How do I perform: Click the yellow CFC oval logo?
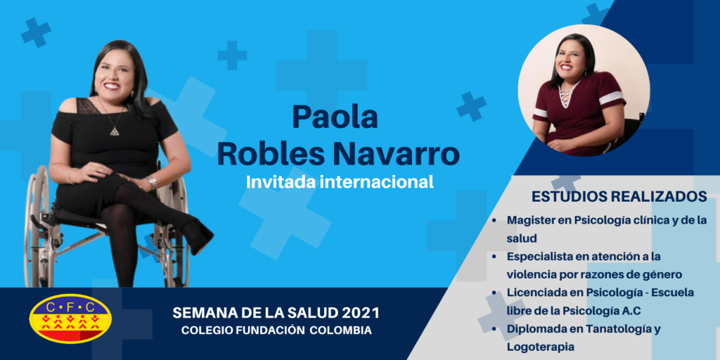tap(70, 319)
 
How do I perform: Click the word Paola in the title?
tap(335, 117)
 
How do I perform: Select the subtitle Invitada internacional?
tap(340, 181)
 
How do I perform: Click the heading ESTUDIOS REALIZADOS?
tap(619, 197)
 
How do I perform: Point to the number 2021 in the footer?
tap(361, 314)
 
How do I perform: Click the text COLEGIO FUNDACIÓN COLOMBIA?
tap(276, 330)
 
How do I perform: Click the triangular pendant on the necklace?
tap(114, 131)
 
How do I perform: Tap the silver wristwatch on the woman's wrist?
tap(152, 182)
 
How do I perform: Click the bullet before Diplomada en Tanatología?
tap(494, 329)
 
